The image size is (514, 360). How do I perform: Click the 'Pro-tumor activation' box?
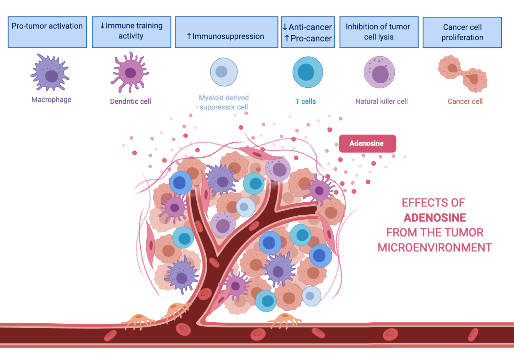coord(47,32)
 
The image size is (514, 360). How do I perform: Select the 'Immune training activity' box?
coord(132,32)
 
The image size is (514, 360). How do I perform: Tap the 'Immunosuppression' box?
coord(227,32)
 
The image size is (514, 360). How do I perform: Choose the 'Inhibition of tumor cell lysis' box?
coord(379,32)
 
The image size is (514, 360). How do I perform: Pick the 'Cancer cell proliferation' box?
coord(462,32)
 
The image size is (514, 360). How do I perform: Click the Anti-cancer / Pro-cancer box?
coord(308,32)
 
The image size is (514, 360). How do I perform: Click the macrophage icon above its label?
coord(50,73)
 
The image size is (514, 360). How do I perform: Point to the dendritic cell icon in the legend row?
coord(130,72)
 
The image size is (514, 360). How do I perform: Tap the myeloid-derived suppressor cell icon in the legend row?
coord(224,72)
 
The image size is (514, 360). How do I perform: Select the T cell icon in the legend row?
coord(307,72)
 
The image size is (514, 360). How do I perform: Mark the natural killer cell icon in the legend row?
coord(379,72)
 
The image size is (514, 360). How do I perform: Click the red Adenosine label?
coord(367,143)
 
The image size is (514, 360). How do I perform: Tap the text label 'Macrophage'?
coord(51,100)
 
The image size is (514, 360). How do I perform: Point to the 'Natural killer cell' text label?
coord(381,101)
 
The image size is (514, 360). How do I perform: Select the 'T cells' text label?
coord(306,101)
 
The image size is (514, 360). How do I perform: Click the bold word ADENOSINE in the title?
coord(435,218)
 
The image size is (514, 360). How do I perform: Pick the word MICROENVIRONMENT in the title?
coord(435,248)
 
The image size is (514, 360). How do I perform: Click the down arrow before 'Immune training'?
coord(102,26)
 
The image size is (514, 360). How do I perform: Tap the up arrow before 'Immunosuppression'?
coord(189,36)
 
